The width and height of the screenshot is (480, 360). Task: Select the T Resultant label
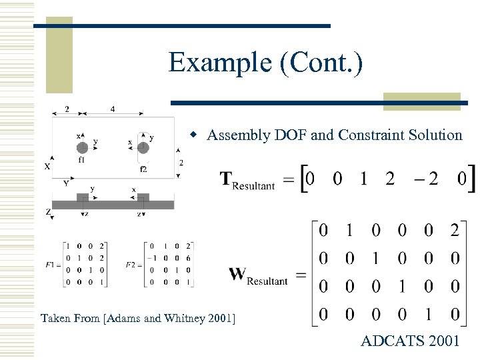[247, 180]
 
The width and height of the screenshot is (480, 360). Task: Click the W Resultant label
[258, 275]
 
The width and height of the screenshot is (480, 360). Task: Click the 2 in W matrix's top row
[454, 231]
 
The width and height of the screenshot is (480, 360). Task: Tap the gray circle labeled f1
[82, 147]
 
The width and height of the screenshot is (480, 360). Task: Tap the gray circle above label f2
[143, 147]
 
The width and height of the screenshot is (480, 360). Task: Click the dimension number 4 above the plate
[112, 109]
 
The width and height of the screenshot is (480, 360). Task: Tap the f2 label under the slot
[143, 169]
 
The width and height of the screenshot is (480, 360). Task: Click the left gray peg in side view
[83, 198]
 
